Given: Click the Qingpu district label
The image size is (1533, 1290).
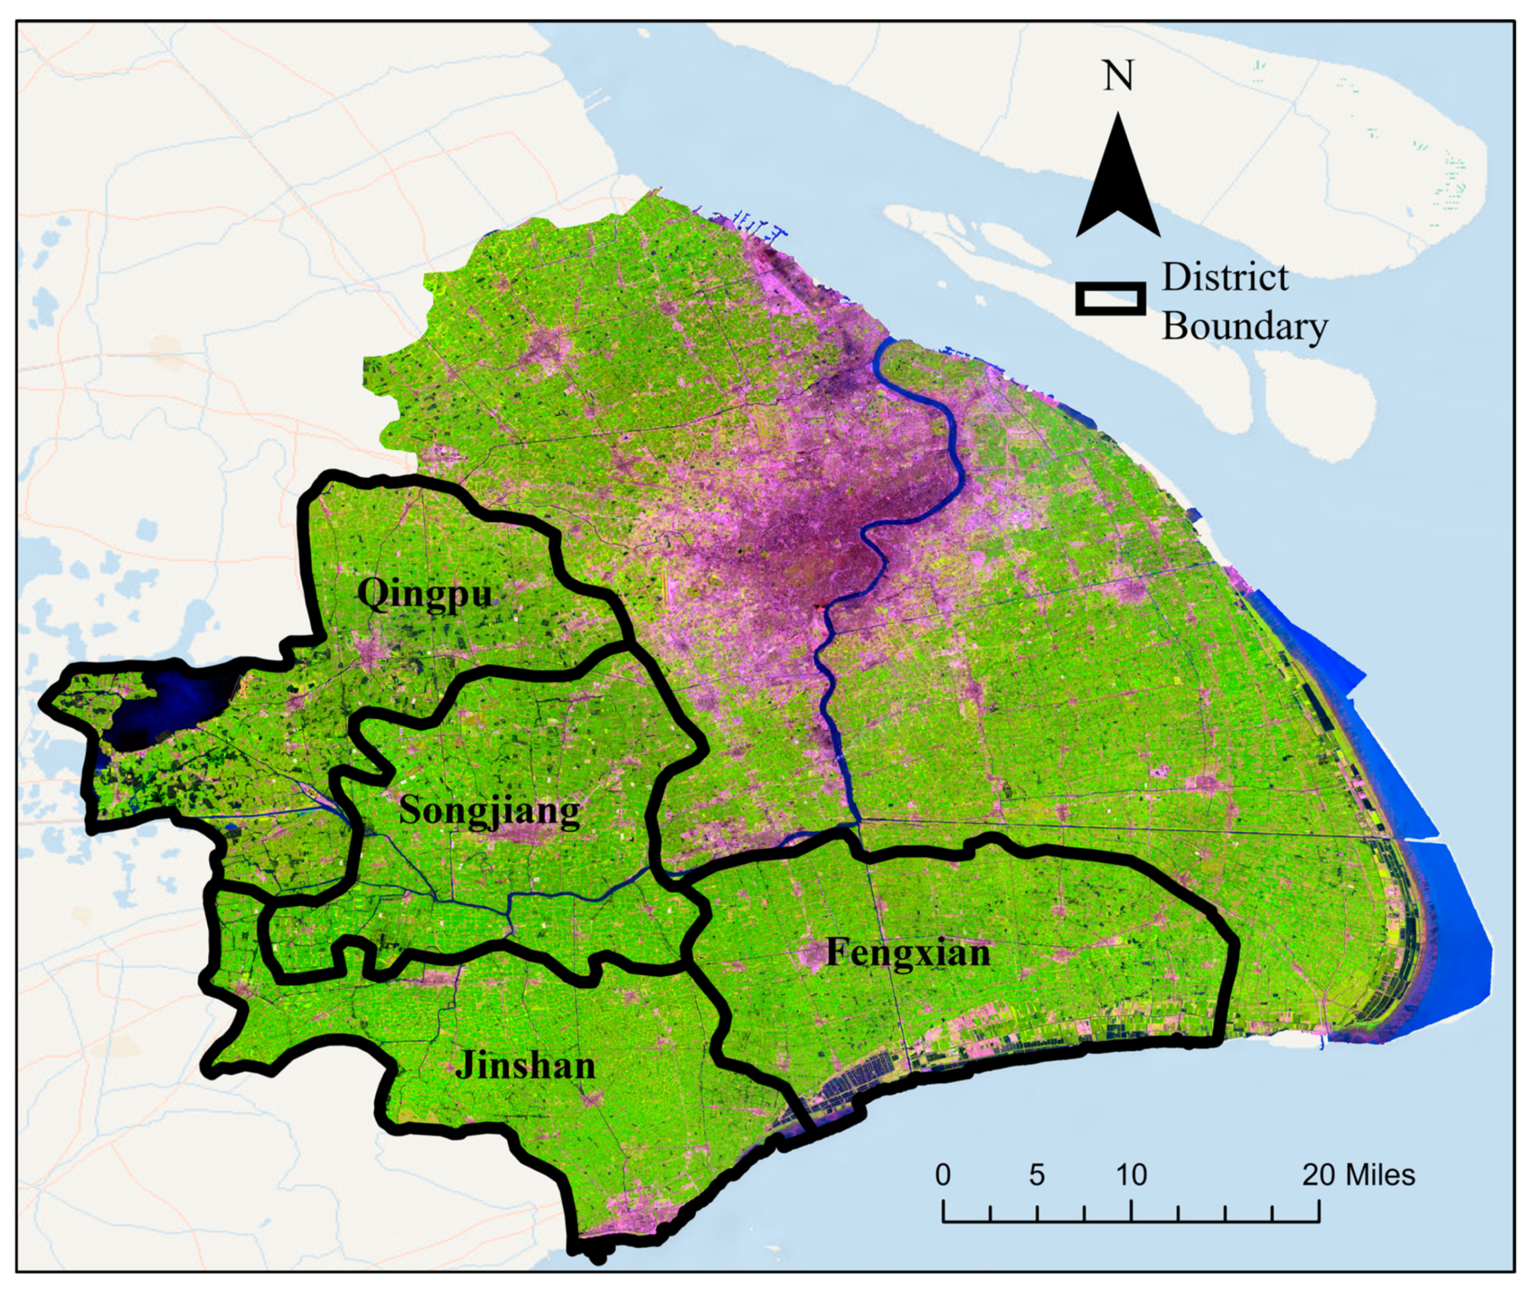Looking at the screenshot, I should coord(424,594).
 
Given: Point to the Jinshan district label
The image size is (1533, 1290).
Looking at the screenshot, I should coord(525,1065).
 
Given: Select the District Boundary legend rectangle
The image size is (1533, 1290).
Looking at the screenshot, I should coord(1110,299).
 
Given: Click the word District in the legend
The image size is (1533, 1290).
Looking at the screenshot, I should coord(1225,278).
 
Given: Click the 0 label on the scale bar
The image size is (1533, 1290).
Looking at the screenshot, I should coord(943,1175).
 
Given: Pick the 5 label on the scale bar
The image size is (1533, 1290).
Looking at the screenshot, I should coord(1036,1175).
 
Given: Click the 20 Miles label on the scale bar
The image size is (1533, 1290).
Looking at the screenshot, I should coord(1357,1175).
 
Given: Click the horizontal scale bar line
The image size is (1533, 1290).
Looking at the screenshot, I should coord(1130,1221).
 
